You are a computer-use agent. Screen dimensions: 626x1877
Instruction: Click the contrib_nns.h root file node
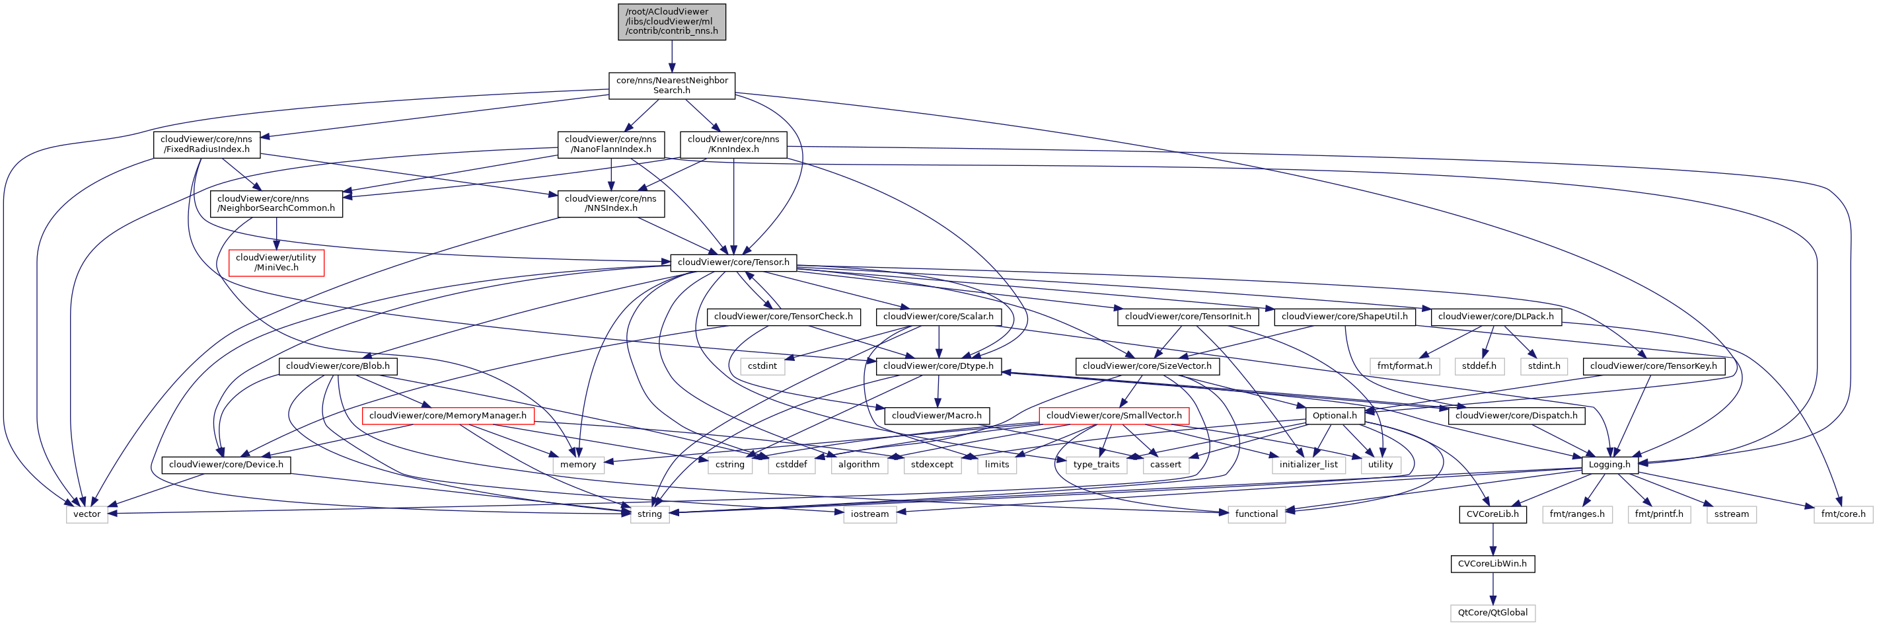pos(671,22)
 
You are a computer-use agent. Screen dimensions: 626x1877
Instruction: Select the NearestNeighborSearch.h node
pos(671,85)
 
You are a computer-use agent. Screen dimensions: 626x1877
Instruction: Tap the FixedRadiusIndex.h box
pos(206,144)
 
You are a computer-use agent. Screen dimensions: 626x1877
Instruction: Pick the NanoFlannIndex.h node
pos(610,144)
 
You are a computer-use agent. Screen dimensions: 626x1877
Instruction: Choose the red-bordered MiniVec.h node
pos(276,262)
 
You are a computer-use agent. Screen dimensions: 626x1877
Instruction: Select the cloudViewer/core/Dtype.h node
pos(938,366)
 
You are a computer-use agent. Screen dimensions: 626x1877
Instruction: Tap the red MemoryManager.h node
pos(447,415)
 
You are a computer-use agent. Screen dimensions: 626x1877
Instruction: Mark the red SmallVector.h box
pos(1113,415)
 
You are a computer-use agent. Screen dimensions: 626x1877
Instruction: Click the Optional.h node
pos(1334,415)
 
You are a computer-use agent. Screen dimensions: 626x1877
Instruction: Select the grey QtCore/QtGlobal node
pos(1492,613)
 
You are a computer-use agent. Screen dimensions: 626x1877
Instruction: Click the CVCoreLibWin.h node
pos(1492,564)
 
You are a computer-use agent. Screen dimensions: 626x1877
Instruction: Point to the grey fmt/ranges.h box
pos(1577,514)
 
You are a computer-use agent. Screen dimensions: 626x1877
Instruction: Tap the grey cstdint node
pos(762,366)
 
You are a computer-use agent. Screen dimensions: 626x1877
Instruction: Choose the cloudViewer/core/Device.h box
pos(226,465)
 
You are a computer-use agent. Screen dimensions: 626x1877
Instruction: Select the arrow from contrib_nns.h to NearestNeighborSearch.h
pos(671,56)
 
